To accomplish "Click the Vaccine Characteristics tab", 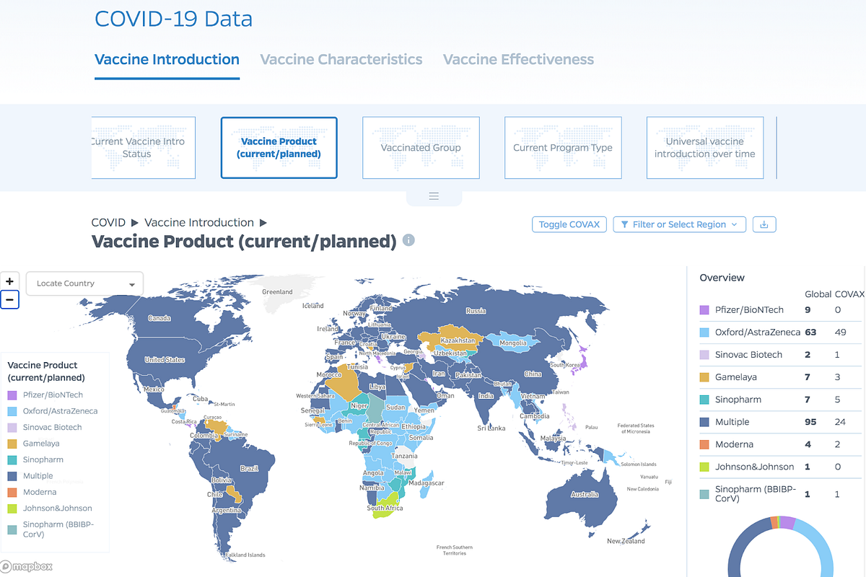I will pyautogui.click(x=341, y=60).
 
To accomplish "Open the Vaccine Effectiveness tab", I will pyautogui.click(x=518, y=60).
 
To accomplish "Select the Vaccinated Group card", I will pyautogui.click(x=421, y=148).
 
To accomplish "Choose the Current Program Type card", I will pyautogui.click(x=562, y=148).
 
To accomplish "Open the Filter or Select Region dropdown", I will pyautogui.click(x=679, y=224).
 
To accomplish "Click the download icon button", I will pyautogui.click(x=764, y=224).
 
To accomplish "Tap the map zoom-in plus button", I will pyautogui.click(x=9, y=281).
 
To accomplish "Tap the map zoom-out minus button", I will pyautogui.click(x=9, y=299).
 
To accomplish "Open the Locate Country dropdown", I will pyautogui.click(x=84, y=283).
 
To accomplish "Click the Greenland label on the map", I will pyautogui.click(x=277, y=292).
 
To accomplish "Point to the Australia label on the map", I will pyautogui.click(x=585, y=495).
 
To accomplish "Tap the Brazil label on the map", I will pyautogui.click(x=249, y=469).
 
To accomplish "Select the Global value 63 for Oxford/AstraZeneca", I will pyautogui.click(x=810, y=332).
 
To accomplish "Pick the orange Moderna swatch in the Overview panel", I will pyautogui.click(x=705, y=444).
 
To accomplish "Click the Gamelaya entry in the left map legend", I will pyautogui.click(x=41, y=444).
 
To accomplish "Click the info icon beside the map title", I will pyautogui.click(x=408, y=240).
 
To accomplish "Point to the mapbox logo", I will pyautogui.click(x=27, y=566).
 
